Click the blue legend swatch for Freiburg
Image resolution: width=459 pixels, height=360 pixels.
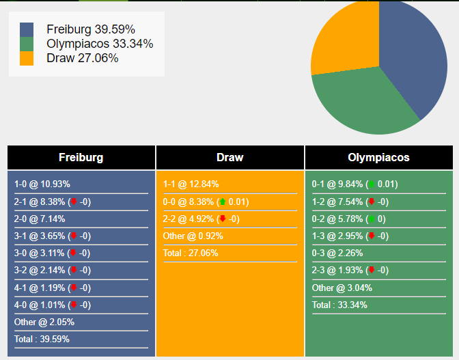pos(27,29)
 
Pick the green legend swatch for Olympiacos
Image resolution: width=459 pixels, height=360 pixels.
pos(27,44)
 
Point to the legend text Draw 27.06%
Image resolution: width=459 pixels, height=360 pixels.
pos(83,58)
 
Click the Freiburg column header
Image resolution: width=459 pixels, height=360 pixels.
pos(81,157)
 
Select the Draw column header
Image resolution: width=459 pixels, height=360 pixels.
pos(230,157)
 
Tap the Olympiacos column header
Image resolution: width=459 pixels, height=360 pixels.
pos(379,157)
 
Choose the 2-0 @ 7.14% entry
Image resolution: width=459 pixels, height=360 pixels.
pos(40,219)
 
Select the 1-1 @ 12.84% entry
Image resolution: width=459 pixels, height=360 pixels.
pos(191,184)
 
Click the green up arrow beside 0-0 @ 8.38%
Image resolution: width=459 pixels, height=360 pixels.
pos(223,202)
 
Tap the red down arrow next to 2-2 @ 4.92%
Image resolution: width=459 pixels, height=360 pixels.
pos(222,219)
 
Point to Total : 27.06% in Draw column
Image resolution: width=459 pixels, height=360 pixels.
pos(191,253)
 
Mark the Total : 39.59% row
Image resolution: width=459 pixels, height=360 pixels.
pos(42,339)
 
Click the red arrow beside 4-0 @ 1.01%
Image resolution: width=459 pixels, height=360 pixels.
pos(74,305)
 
